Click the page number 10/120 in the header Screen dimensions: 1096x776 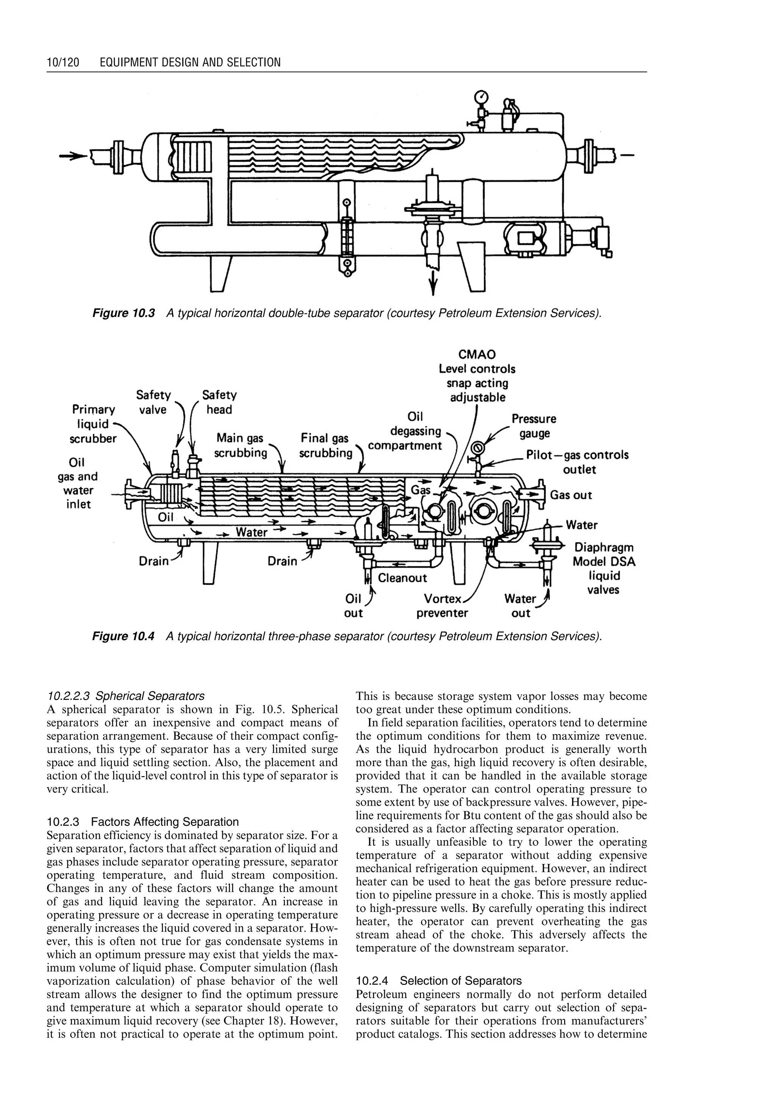[x=63, y=62]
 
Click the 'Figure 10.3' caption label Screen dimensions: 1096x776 [x=123, y=313]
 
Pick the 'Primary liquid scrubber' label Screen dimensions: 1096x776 [x=93, y=424]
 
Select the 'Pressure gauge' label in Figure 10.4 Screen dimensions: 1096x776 [x=534, y=426]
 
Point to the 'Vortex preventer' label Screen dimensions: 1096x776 [x=442, y=606]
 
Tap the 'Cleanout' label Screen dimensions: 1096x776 [x=402, y=578]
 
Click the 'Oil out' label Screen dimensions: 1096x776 [x=353, y=606]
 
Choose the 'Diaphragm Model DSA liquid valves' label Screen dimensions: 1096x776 [x=604, y=568]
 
